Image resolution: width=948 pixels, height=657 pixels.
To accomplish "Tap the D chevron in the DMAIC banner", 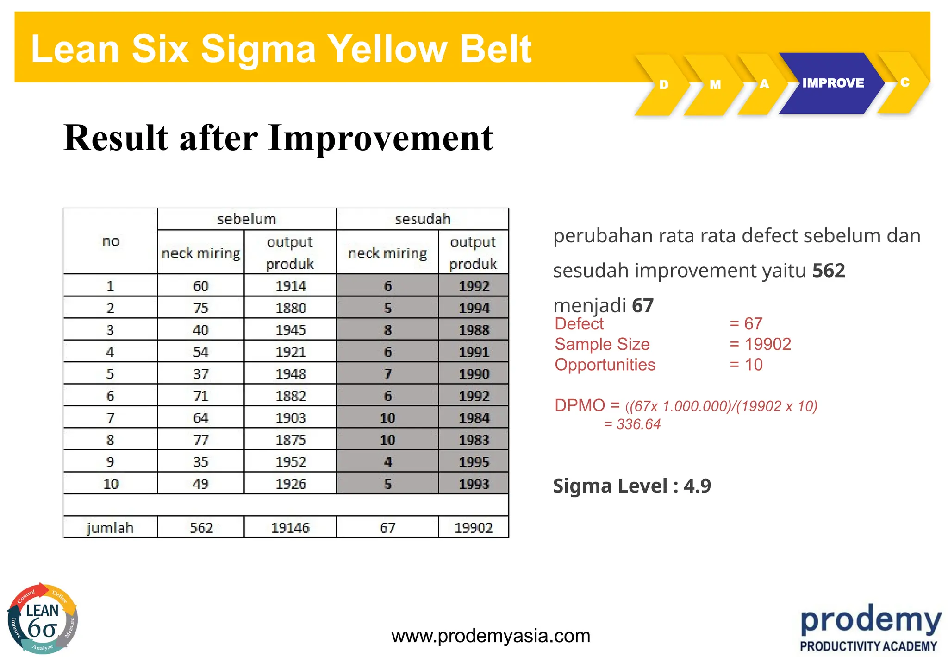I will coord(663,85).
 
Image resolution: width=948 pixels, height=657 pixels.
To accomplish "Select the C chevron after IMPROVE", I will coord(904,82).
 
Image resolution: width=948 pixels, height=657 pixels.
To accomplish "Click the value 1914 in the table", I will coord(291,286).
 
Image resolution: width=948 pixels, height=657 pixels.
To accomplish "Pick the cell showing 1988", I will coord(474,330).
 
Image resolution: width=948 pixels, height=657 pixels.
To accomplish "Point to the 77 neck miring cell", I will coord(201,440).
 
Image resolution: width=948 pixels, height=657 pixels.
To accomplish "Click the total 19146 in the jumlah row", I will coord(290,528).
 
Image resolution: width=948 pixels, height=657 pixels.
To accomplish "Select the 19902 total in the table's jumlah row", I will coord(474,528).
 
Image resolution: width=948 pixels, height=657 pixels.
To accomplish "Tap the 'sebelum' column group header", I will coord(247,219).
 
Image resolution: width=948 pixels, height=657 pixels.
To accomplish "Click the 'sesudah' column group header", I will coord(423,219).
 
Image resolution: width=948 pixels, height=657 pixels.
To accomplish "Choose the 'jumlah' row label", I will coord(110,528).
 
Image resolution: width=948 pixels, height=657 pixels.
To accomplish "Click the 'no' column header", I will coord(111,241).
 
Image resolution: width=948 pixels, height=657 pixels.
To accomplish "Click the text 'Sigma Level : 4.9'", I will coord(632,486).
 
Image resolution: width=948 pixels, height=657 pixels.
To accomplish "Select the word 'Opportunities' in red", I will coord(605,365).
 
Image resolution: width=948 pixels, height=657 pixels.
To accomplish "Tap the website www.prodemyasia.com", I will coord(491,636).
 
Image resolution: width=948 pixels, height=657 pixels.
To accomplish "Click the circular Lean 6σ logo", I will coord(43,619).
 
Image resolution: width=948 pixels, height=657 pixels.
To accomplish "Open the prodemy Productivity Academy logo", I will coord(871,628).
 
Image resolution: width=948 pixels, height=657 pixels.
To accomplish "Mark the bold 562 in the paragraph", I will coord(829,270).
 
